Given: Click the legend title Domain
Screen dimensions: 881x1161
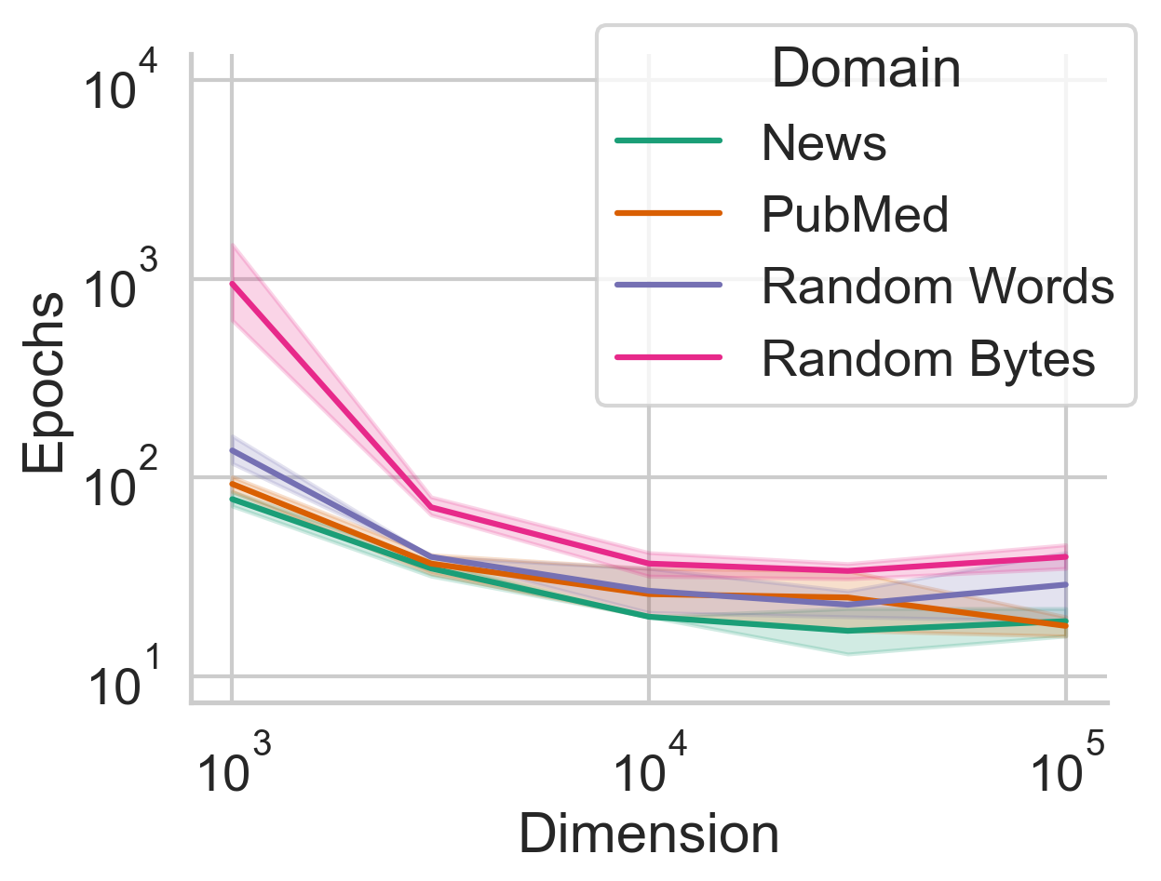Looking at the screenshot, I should (x=866, y=70).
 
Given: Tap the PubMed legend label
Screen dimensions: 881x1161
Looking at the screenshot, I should (x=855, y=215).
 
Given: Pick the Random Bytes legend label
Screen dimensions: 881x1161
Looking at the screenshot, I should (x=928, y=359).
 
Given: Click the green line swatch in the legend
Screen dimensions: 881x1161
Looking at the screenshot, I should (x=668, y=141).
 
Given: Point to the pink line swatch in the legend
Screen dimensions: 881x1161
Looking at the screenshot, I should (x=668, y=358).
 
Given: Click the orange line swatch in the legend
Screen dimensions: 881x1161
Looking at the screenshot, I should (x=668, y=214).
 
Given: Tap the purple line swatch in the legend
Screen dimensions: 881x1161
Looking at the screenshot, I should (x=668, y=286).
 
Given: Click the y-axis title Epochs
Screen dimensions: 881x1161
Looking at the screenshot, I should (x=45, y=382).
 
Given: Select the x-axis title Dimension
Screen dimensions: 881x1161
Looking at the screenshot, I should (x=648, y=834).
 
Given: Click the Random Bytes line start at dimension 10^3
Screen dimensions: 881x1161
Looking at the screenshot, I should (x=232, y=284).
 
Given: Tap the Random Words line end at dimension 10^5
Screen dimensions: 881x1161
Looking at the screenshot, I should (x=1066, y=584).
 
